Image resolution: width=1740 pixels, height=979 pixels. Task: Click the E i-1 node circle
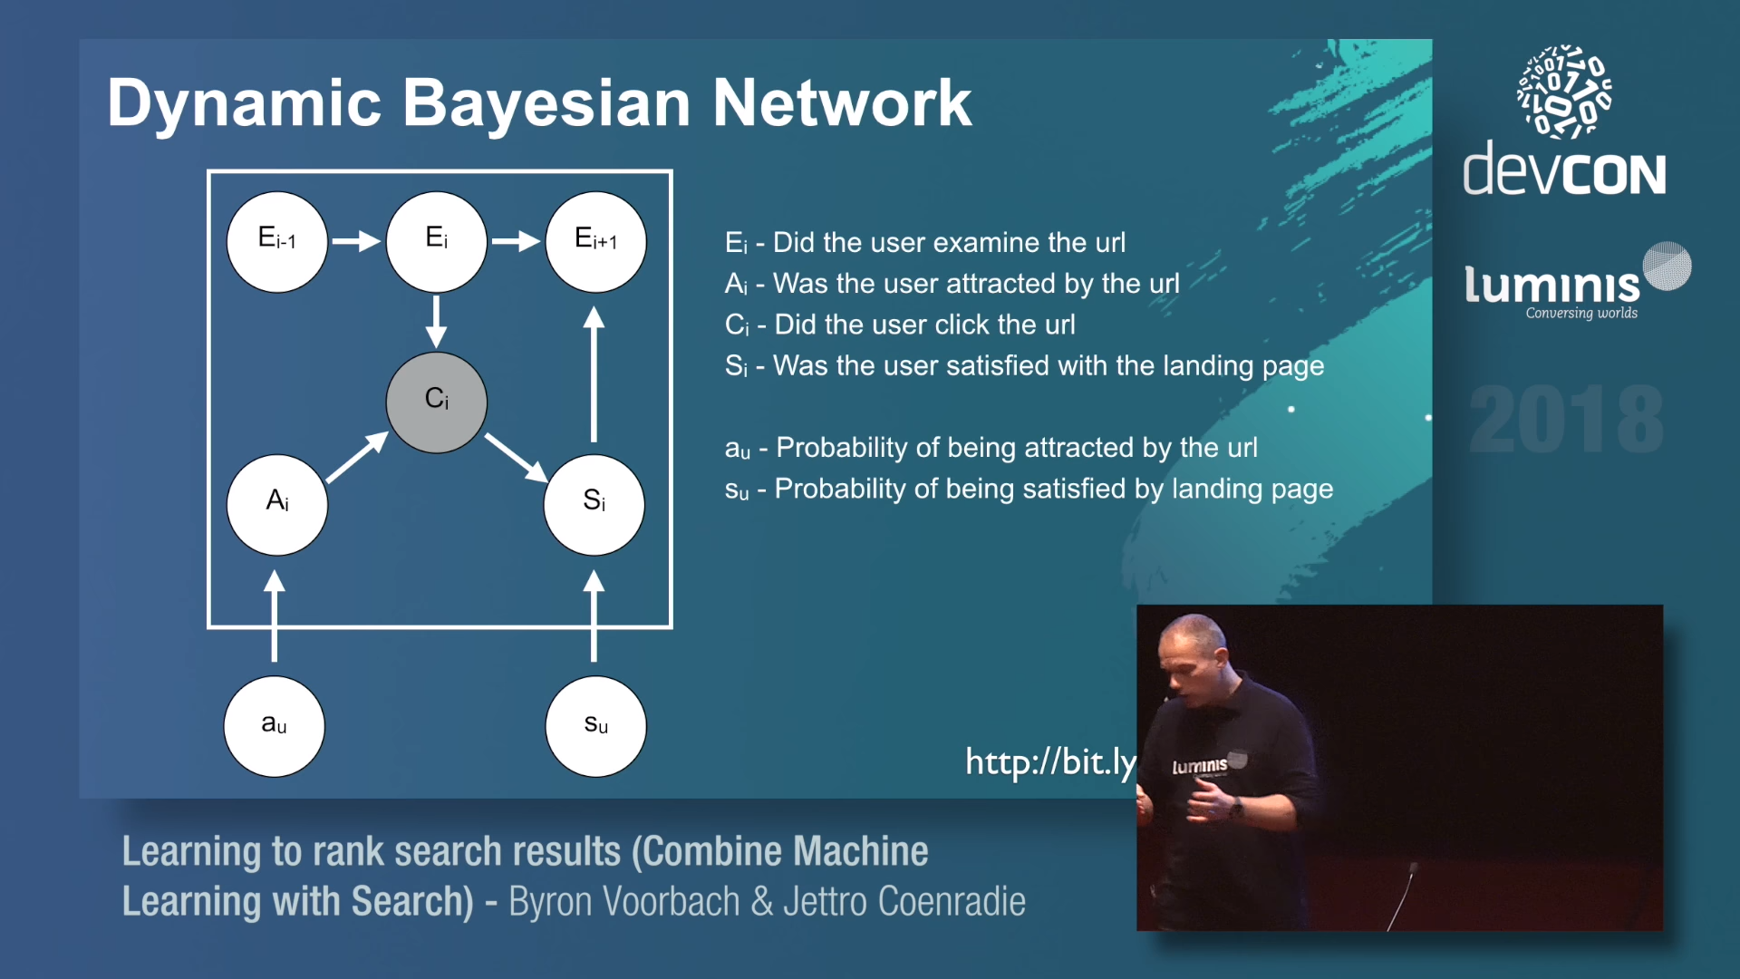click(x=277, y=241)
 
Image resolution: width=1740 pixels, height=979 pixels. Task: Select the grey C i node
click(x=436, y=402)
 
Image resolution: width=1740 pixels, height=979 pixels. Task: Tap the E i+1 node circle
click(x=595, y=241)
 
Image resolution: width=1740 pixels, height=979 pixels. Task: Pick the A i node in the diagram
click(x=277, y=503)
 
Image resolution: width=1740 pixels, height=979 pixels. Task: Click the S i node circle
click(x=594, y=503)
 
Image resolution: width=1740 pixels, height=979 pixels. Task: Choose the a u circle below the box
click(x=274, y=725)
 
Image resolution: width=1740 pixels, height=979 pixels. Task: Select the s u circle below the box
click(x=595, y=725)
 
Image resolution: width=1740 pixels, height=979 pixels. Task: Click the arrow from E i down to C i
click(x=436, y=321)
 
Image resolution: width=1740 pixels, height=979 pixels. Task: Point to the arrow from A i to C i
click(x=357, y=457)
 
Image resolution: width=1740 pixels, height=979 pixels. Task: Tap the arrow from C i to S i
click(x=516, y=457)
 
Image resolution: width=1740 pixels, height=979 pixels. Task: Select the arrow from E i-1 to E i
click(x=356, y=241)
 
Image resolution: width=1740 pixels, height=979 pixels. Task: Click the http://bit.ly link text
click(x=1049, y=761)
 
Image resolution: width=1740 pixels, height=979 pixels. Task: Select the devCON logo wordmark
click(x=1564, y=170)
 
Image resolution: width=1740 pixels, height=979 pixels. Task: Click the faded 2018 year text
click(x=1566, y=419)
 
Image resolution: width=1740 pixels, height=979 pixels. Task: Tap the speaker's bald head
click(x=1194, y=640)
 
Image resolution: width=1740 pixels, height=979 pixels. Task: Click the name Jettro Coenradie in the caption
click(x=904, y=902)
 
